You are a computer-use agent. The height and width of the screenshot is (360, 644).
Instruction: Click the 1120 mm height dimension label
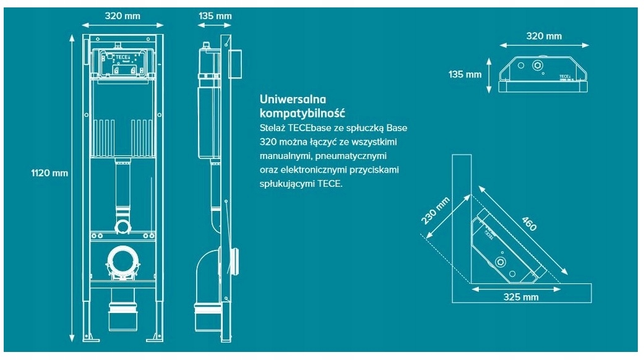click(x=49, y=173)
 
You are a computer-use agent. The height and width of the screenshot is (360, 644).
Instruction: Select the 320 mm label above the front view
click(x=123, y=15)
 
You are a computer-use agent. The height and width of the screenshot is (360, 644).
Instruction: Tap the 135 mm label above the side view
click(x=215, y=15)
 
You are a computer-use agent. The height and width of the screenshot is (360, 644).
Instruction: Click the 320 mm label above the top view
click(x=544, y=35)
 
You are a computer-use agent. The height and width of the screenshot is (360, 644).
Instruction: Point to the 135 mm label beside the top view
click(x=465, y=74)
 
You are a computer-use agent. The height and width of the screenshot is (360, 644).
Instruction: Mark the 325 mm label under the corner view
click(x=520, y=297)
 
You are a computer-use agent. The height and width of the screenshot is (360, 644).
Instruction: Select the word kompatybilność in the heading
click(x=303, y=113)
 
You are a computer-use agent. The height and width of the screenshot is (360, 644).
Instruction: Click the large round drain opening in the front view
click(x=123, y=260)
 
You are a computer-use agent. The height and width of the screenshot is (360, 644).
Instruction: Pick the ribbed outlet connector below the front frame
click(x=123, y=312)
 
